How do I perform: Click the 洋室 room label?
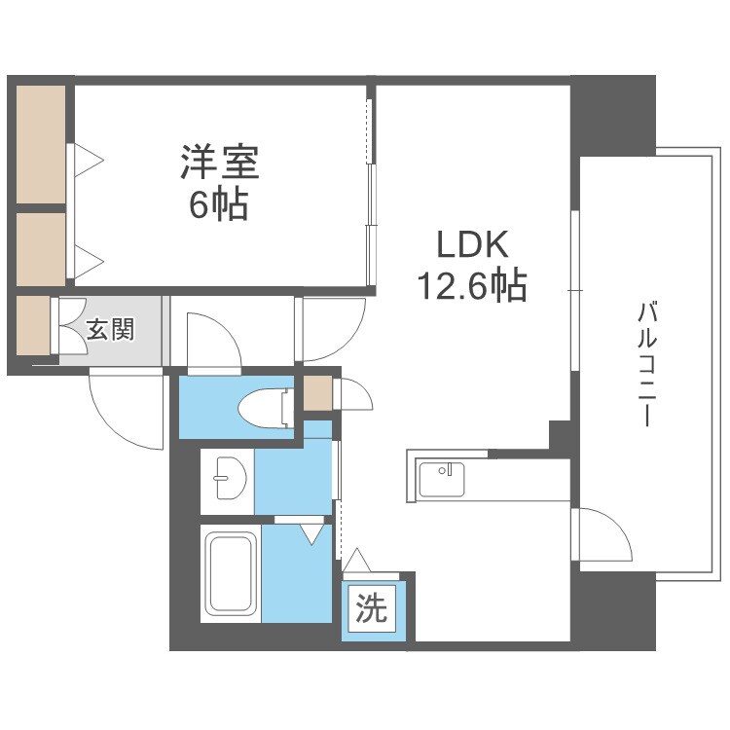(x=219, y=162)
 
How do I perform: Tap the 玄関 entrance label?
(x=110, y=329)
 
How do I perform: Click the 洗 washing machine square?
(x=371, y=610)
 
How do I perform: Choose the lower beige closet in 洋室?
(x=40, y=249)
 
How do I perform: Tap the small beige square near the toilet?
(x=317, y=393)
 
